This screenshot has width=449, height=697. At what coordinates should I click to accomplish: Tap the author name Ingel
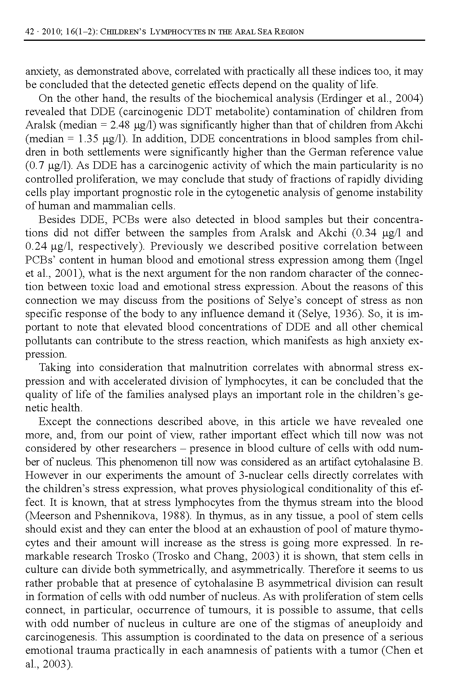412,260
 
